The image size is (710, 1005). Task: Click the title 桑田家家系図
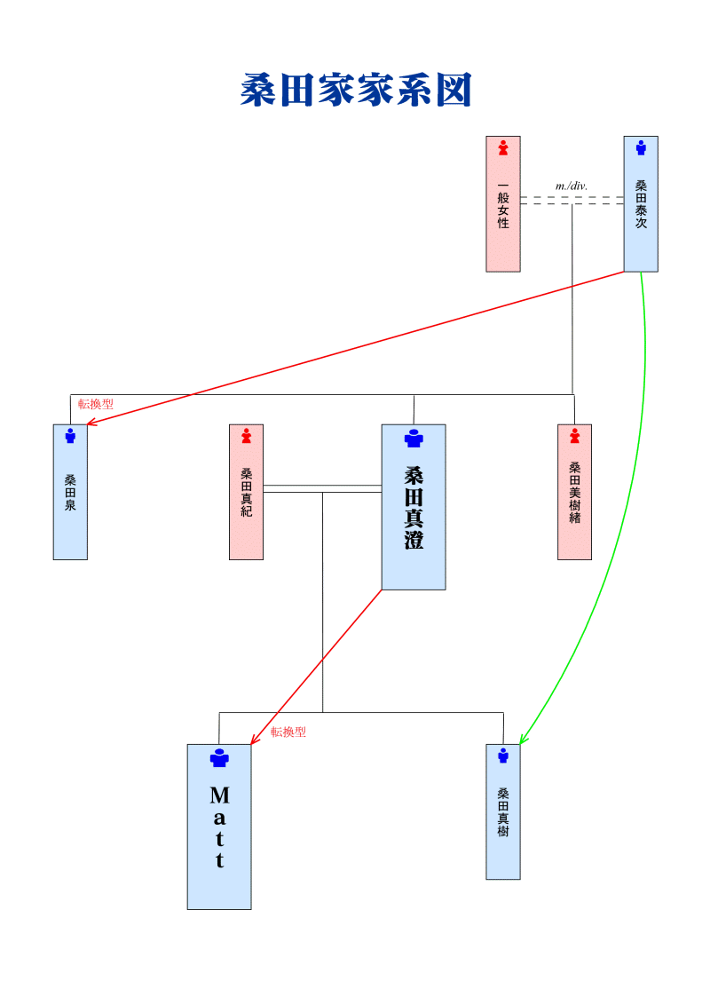pos(355,91)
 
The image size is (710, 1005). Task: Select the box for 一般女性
pos(503,204)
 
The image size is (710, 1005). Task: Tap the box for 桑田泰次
pos(641,204)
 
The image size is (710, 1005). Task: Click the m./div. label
pos(572,186)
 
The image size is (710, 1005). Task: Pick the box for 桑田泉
pos(70,493)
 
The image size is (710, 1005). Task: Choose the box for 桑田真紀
pos(246,493)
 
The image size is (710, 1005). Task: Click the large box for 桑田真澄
pos(414,507)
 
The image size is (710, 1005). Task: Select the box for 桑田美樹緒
pos(574,493)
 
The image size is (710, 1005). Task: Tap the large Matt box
pos(219,827)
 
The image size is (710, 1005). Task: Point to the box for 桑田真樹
pos(503,812)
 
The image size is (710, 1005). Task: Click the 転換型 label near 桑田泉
pos(96,404)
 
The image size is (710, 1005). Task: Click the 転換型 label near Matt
pos(288,732)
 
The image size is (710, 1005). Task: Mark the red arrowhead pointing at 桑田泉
pos(90,423)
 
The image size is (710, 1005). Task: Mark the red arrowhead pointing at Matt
pos(254,740)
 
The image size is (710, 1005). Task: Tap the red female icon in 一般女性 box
pos(503,148)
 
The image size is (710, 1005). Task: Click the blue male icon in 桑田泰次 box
pos(641,148)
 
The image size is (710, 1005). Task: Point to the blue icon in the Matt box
pos(219,758)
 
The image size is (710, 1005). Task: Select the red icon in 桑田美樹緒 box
pos(574,436)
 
